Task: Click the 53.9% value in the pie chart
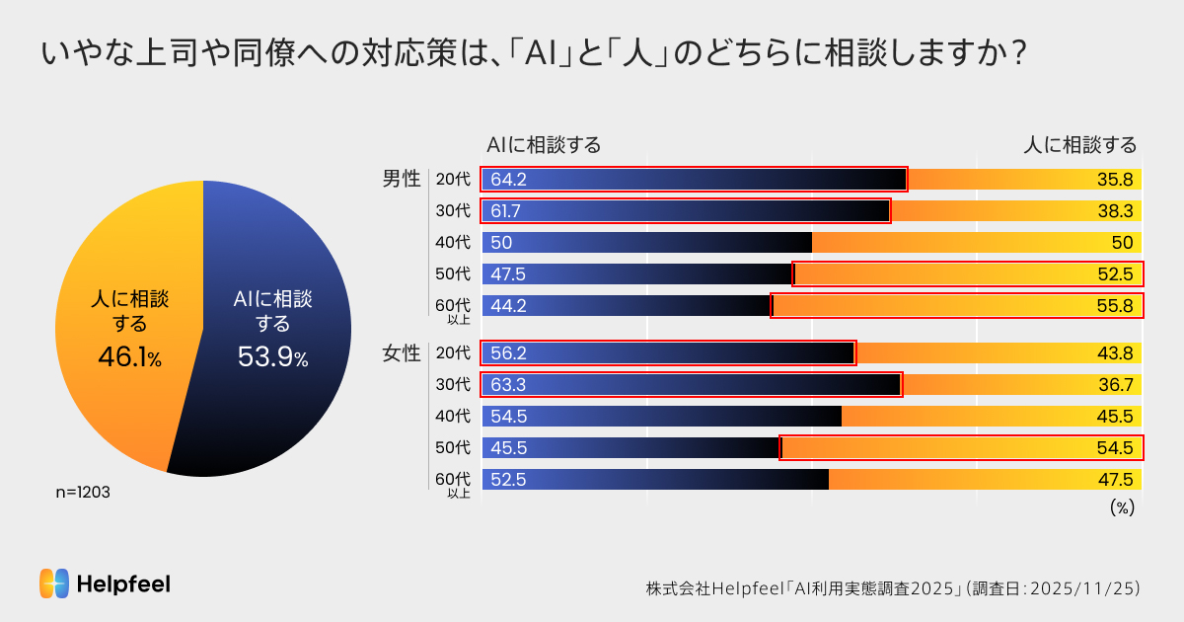272,357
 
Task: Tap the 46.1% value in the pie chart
129,357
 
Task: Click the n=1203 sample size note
83,492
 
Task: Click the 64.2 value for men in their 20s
509,180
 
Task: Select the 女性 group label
402,353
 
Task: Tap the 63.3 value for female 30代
509,385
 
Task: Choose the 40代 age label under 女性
453,417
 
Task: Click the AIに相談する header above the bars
544,145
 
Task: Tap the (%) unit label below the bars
1122,507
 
